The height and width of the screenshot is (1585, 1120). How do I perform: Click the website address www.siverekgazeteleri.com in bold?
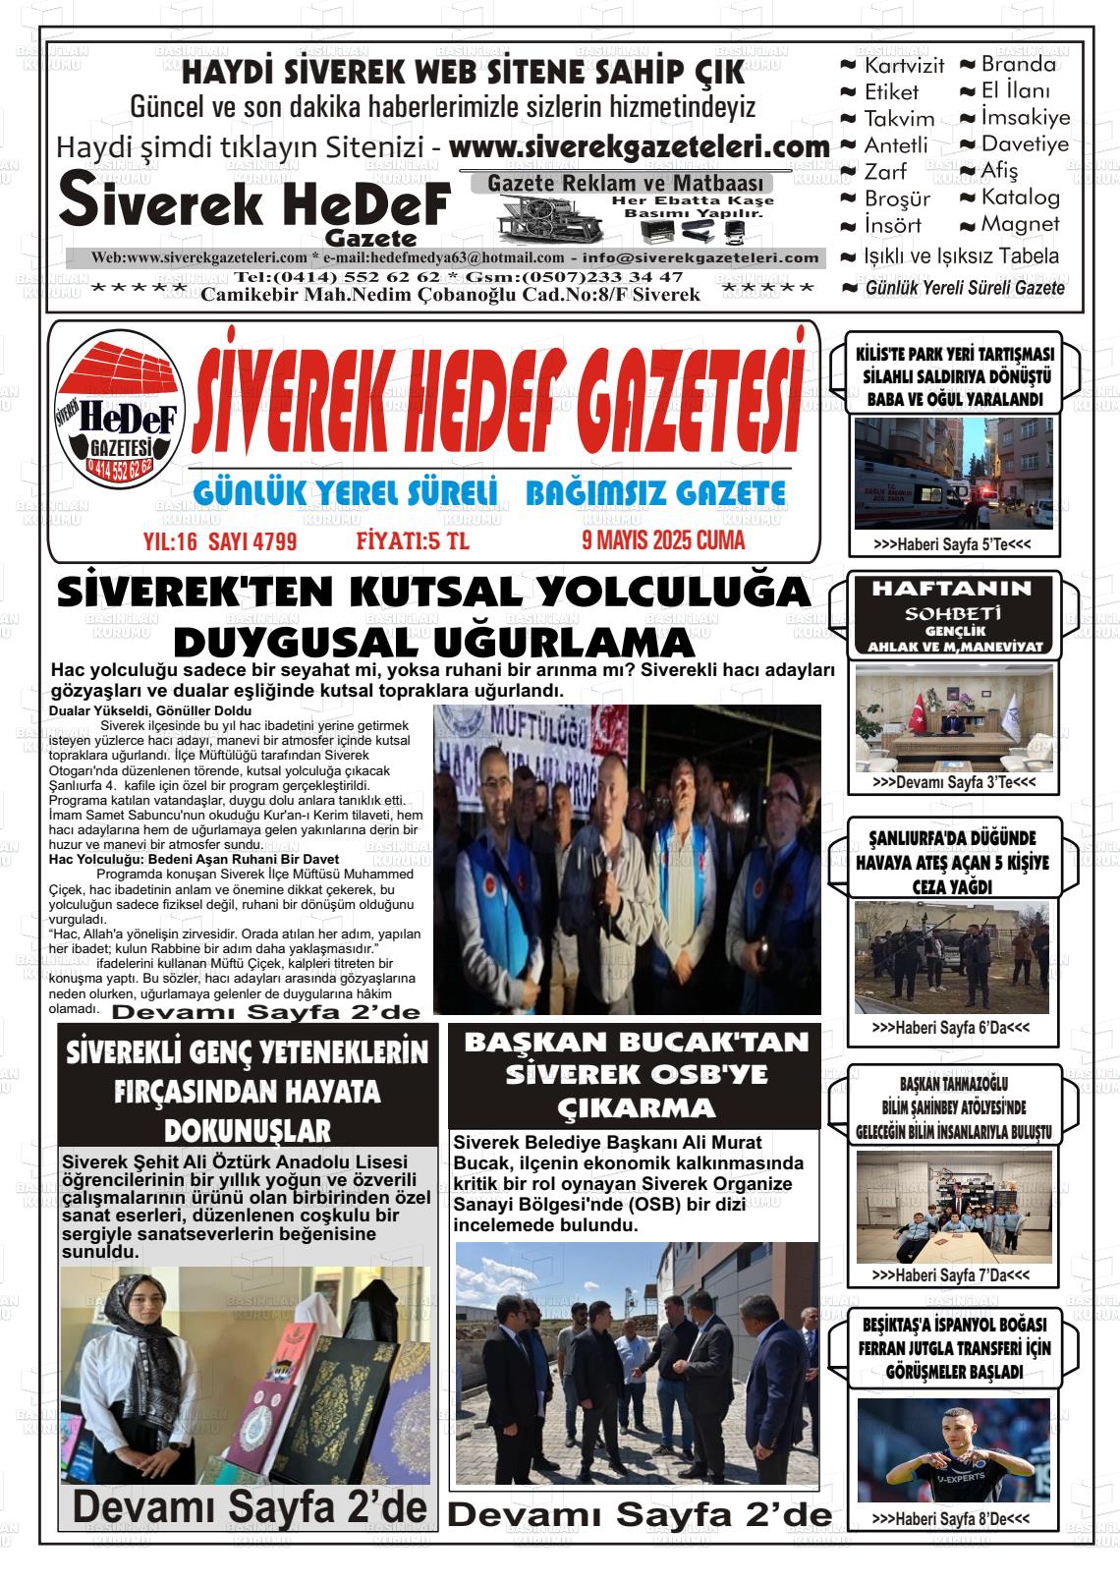(x=640, y=147)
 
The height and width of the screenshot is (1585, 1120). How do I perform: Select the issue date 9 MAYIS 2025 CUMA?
(x=663, y=539)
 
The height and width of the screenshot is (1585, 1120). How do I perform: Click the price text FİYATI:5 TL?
(x=413, y=540)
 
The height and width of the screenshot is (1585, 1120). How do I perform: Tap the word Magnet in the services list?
(x=1020, y=224)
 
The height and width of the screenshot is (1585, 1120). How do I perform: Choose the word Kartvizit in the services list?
(x=903, y=66)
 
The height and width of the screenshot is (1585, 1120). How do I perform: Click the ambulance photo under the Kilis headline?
(x=952, y=474)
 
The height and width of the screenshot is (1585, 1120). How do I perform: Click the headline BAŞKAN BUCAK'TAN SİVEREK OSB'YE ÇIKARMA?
(x=636, y=1074)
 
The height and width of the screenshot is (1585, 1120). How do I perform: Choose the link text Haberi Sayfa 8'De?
(x=951, y=1519)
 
